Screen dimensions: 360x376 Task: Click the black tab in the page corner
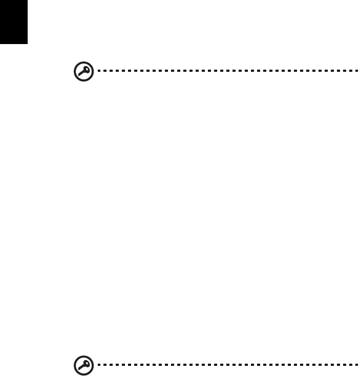[x=13, y=22]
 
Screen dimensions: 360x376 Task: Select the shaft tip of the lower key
[x=79, y=371]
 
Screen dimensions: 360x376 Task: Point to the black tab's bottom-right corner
[x=27, y=43]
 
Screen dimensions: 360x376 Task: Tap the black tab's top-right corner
[x=27, y=1]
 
